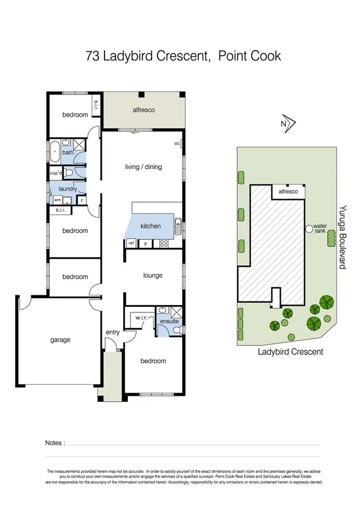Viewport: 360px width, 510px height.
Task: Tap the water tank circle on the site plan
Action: tap(309, 229)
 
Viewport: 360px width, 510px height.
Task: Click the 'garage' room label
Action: tap(59, 340)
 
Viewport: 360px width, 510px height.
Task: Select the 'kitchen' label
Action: tap(150, 226)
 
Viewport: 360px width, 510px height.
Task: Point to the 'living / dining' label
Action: tap(143, 167)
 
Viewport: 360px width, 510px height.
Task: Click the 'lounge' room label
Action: tap(153, 275)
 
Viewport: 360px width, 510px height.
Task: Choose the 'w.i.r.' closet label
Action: tap(142, 317)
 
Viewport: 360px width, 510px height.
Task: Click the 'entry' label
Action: tap(112, 332)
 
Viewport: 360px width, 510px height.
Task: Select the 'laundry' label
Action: tap(67, 189)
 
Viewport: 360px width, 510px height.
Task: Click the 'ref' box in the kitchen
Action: tap(130, 243)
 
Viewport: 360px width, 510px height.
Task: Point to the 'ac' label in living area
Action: tap(177, 144)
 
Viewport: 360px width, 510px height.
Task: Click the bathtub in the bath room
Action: tap(55, 150)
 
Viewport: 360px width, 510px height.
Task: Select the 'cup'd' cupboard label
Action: tap(56, 173)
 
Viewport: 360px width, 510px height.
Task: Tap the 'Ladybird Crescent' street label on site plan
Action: tap(290, 352)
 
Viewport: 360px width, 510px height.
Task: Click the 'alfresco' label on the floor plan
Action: tap(144, 110)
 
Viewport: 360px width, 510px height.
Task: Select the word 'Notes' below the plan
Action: tap(54, 443)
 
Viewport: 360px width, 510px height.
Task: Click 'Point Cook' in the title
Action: tap(249, 57)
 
